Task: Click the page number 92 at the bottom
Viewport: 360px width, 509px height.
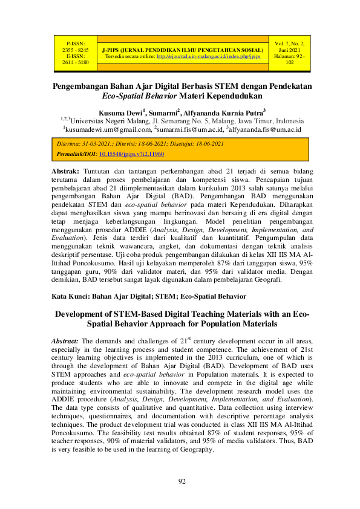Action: point(181,481)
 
